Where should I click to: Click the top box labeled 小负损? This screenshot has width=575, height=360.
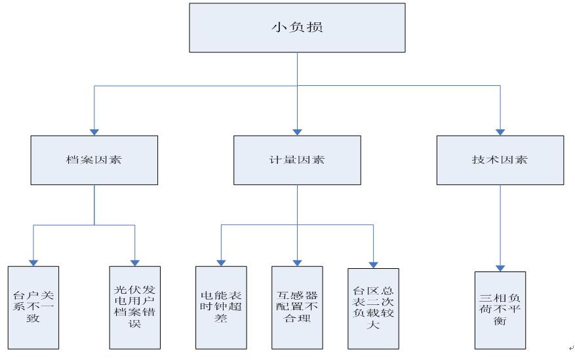point(297,28)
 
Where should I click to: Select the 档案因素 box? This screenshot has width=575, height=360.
point(94,160)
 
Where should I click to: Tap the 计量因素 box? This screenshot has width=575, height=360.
point(297,160)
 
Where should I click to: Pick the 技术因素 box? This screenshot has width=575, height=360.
point(500,160)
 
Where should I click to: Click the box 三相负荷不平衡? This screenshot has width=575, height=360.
point(500,308)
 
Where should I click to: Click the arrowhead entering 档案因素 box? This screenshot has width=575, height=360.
point(94,132)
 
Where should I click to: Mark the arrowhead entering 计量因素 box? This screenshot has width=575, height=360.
point(297,132)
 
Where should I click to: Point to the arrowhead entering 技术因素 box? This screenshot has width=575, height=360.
point(500,132)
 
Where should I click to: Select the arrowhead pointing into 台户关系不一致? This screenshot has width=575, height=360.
point(33,262)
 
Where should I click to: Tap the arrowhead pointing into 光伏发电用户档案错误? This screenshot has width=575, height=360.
point(134,262)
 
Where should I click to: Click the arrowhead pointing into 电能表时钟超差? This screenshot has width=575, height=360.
point(221,262)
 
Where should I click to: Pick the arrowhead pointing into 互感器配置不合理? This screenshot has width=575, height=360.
point(297,262)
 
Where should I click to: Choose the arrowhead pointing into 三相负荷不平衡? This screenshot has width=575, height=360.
point(500,268)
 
